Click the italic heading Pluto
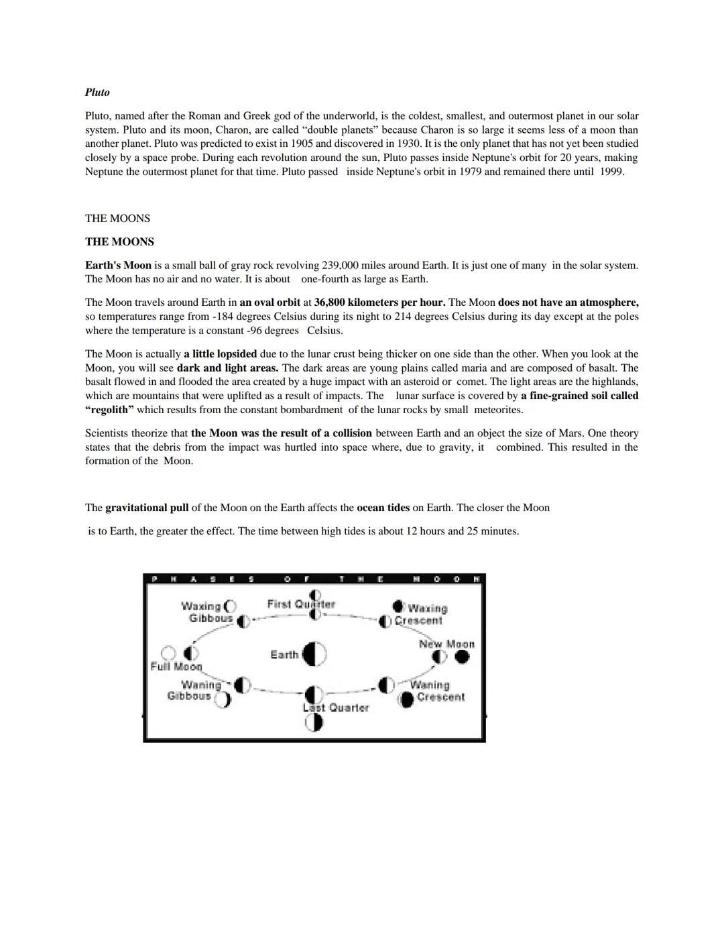click(x=97, y=93)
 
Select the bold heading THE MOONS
click(x=119, y=241)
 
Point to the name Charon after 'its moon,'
click(x=232, y=129)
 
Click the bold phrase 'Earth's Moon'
click(x=118, y=265)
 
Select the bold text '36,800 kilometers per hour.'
click(x=379, y=302)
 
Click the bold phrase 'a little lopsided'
click(x=220, y=353)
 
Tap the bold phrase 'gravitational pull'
click(x=147, y=508)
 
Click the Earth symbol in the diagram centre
click(x=314, y=654)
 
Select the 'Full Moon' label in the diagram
click(x=176, y=667)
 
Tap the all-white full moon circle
click(x=169, y=653)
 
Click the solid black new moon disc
click(x=462, y=657)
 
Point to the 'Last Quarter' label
click(x=336, y=708)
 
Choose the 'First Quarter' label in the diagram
click(x=300, y=604)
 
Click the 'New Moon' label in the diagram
click(x=446, y=644)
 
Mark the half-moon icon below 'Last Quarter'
click(x=314, y=722)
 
